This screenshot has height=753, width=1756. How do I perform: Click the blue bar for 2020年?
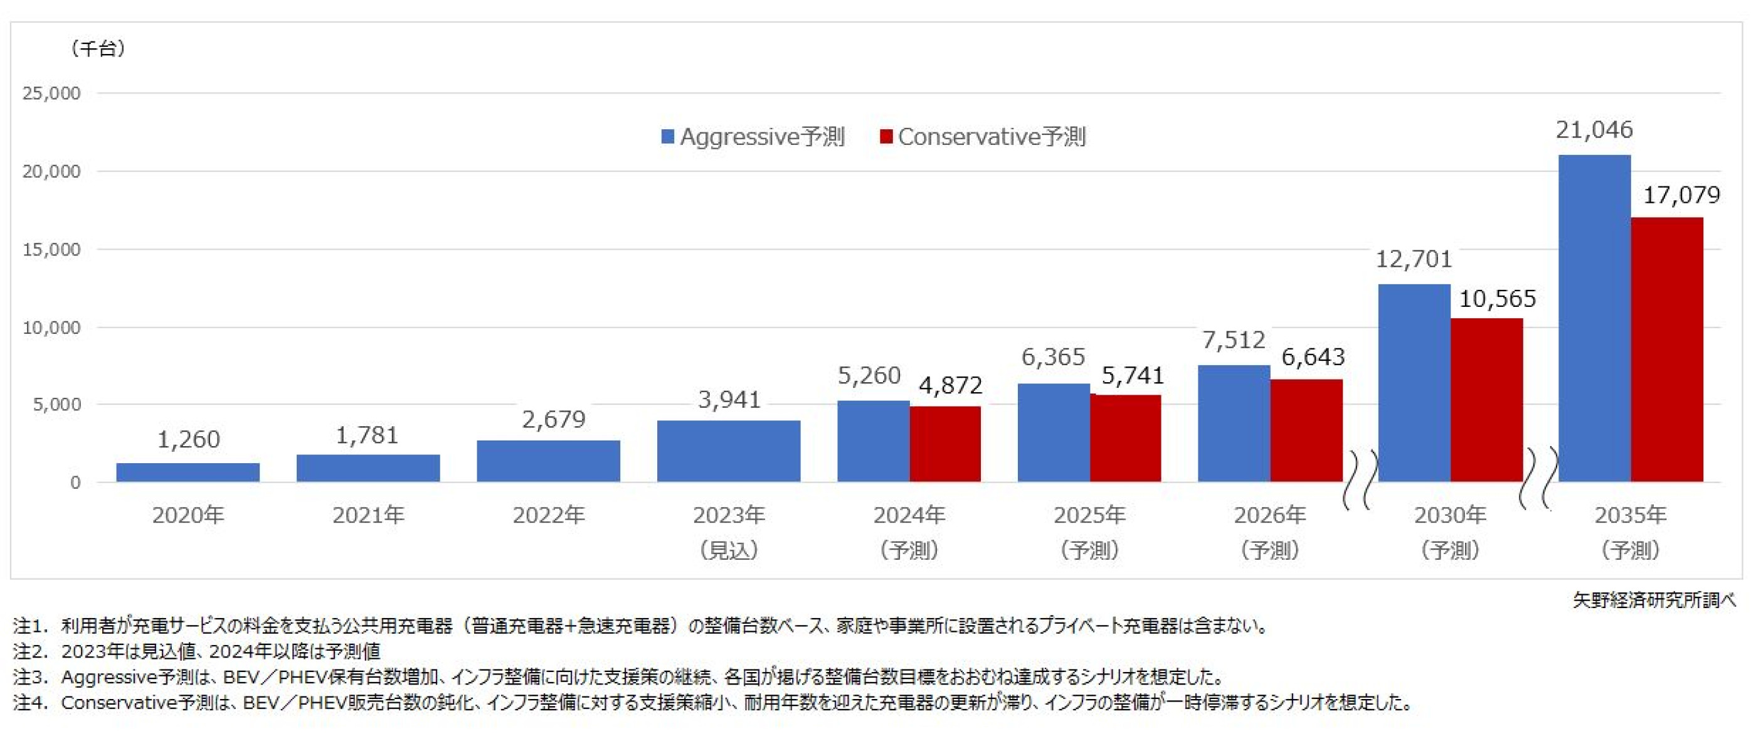point(188,472)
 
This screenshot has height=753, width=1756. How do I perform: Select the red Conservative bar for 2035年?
point(1667,350)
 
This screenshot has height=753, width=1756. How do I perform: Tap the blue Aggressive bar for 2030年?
point(1414,383)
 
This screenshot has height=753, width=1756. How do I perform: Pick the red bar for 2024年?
point(945,444)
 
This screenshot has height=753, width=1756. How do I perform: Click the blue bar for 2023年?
point(728,451)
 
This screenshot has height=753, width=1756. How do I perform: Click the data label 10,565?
point(1497,299)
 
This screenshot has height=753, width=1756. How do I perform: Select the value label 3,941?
point(729,400)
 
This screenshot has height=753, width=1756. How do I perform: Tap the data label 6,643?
point(1313,356)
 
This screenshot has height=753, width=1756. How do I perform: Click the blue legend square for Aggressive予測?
point(668,137)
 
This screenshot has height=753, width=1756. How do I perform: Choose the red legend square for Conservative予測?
point(886,137)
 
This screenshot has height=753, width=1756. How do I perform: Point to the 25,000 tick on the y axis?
point(51,93)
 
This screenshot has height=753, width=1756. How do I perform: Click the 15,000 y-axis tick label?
point(51,250)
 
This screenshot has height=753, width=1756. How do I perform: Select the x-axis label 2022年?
point(548,515)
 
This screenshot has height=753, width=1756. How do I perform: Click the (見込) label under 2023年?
point(729,550)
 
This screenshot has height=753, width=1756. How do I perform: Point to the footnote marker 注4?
point(30,703)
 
